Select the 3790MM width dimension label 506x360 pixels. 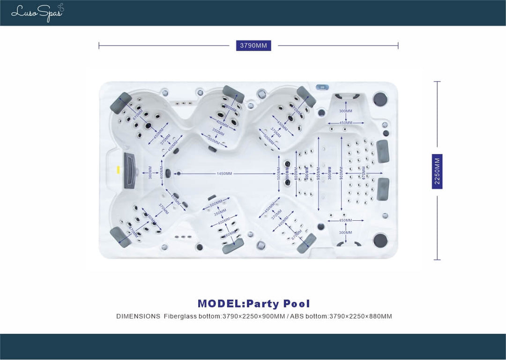point(253,45)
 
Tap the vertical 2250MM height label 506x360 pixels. point(437,172)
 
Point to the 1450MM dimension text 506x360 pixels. point(224,174)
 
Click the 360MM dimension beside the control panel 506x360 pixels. point(150,173)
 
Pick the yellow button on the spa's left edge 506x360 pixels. point(118,170)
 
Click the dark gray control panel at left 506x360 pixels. point(129,171)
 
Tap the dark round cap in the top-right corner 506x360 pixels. point(380,99)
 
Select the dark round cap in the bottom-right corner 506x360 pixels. point(380,240)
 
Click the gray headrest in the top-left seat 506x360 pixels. point(120,103)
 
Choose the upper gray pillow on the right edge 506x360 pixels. point(383,151)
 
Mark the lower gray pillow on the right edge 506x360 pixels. point(383,189)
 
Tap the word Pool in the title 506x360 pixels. point(297,304)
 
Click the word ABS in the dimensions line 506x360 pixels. point(297,316)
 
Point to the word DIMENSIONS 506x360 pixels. point(138,316)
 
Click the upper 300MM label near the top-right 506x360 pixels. point(346,111)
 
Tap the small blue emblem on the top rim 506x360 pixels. point(323,87)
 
